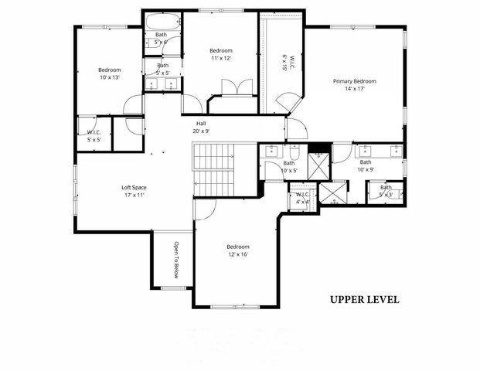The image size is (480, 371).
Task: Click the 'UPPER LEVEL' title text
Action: pyautogui.click(x=364, y=299)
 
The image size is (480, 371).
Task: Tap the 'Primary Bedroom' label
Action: pyautogui.click(x=355, y=81)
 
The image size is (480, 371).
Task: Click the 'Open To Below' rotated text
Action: pyautogui.click(x=176, y=260)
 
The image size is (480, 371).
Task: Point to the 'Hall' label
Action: pyautogui.click(x=201, y=123)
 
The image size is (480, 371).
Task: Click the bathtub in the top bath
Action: pyautogui.click(x=161, y=21)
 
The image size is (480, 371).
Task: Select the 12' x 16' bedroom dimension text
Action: pyautogui.click(x=238, y=254)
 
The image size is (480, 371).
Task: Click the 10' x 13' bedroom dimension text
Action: pyautogui.click(x=110, y=77)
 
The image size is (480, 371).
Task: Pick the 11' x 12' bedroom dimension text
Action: pyautogui.click(x=221, y=57)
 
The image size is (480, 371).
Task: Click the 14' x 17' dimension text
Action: pyautogui.click(x=355, y=89)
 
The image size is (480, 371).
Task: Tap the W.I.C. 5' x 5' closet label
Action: pyautogui.click(x=94, y=136)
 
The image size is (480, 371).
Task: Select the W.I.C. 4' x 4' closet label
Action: pyautogui.click(x=303, y=198)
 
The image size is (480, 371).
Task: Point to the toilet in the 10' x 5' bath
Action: pyautogui.click(x=294, y=152)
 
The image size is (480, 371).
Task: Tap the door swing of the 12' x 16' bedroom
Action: pyautogui.click(x=205, y=209)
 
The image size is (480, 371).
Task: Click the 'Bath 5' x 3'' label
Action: pyautogui.click(x=386, y=190)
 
